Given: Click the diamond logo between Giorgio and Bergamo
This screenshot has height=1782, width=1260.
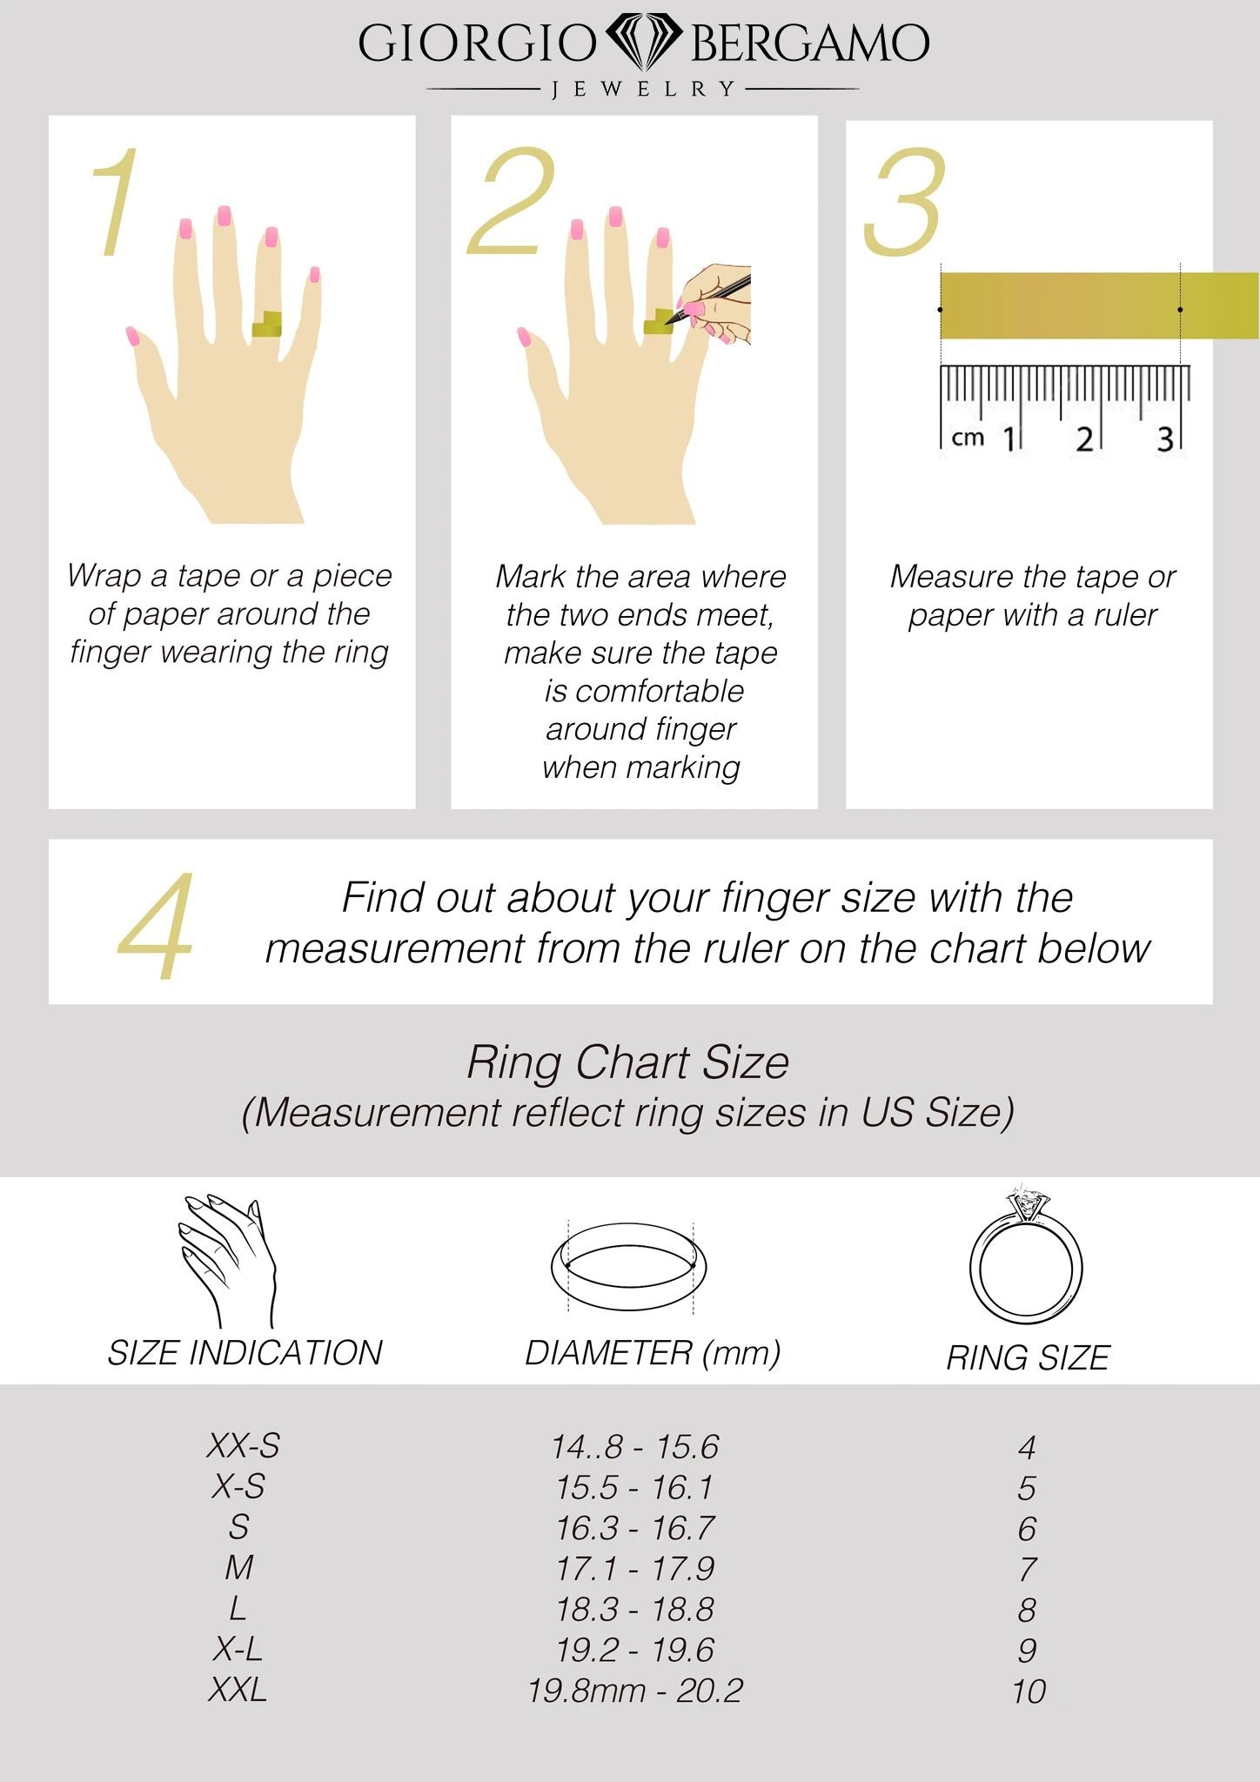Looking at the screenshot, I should pyautogui.click(x=643, y=41).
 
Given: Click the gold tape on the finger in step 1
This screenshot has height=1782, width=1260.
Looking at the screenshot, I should pyautogui.click(x=266, y=325).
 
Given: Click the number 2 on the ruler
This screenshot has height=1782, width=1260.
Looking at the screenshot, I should pyautogui.click(x=1083, y=439).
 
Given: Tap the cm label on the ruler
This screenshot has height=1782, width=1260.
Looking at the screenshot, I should pyautogui.click(x=967, y=437).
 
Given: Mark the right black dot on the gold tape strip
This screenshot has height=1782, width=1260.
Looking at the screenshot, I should pyautogui.click(x=1180, y=310).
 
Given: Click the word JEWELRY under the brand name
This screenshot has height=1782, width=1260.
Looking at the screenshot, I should pyautogui.click(x=643, y=89).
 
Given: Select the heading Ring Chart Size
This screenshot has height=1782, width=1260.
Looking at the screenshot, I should pyautogui.click(x=628, y=1062).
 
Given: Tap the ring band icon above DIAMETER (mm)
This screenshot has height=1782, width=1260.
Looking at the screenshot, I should pyautogui.click(x=628, y=1267).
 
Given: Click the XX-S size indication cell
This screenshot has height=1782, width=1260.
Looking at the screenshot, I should pyautogui.click(x=243, y=1446).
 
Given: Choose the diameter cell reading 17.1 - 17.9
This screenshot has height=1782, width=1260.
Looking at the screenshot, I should pyautogui.click(x=635, y=1569).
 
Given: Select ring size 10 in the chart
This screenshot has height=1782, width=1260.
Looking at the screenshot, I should pyautogui.click(x=1028, y=1692).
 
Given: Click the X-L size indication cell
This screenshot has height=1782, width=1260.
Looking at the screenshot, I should pyautogui.click(x=238, y=1649).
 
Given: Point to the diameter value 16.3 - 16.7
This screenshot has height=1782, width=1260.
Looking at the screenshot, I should pyautogui.click(x=635, y=1528).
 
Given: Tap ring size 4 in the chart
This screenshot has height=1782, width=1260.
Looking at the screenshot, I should pyautogui.click(x=1027, y=1447).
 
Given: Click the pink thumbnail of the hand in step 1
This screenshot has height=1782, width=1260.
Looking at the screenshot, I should pyautogui.click(x=132, y=336).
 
